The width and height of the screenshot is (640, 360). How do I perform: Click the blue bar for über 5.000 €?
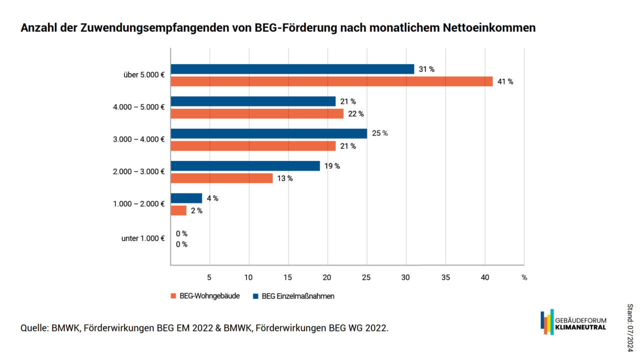point(292,69)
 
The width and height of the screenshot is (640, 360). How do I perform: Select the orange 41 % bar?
point(331,81)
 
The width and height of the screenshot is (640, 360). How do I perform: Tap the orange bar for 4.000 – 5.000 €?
point(257,113)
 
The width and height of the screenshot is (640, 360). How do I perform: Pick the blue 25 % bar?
point(269,133)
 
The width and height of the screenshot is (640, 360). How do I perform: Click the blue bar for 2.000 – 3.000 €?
point(245,166)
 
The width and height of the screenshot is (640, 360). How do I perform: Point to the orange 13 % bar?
point(221,178)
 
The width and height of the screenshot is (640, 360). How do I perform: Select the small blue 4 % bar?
point(186,198)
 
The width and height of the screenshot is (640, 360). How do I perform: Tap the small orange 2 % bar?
point(178,210)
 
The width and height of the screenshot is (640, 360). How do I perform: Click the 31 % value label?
point(426,69)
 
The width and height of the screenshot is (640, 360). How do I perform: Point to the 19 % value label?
point(332,166)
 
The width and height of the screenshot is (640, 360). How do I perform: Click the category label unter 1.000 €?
point(143,238)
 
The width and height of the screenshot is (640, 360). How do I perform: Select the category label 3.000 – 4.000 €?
point(139,139)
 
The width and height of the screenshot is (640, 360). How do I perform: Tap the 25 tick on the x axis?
point(366,277)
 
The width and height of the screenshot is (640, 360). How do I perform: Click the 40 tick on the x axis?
point(485,277)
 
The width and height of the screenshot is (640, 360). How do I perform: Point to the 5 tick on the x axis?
point(209,277)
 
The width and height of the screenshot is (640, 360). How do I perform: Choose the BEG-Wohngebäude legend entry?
point(205,296)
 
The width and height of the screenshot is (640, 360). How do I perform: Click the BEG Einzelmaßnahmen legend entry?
point(293,296)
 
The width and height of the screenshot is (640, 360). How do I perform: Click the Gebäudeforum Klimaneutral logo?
point(573,322)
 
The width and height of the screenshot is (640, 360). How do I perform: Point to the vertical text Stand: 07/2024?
point(630,327)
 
